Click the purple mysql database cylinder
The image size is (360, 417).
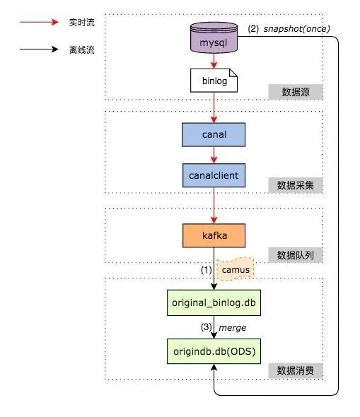click(214, 37)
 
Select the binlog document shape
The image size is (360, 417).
click(214, 81)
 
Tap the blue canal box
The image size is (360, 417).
click(214, 134)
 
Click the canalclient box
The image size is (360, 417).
click(214, 175)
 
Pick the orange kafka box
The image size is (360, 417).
click(214, 235)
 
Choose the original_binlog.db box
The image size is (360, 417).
click(214, 303)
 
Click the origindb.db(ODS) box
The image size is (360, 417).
click(214, 351)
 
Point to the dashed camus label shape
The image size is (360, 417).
click(236, 269)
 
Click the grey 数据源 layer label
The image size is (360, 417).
click(296, 92)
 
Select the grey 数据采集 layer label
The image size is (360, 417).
click(296, 185)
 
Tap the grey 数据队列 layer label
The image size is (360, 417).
click(296, 255)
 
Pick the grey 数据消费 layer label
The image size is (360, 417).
click(296, 370)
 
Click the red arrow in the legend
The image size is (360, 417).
click(39, 22)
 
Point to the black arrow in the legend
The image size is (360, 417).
click(39, 49)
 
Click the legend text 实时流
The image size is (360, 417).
click(82, 23)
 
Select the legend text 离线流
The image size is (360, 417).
click(82, 49)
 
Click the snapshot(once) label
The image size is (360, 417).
click(296, 28)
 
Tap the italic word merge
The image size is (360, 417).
click(232, 328)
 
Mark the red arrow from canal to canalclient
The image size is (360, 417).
click(214, 155)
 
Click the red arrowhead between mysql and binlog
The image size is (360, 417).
click(214, 65)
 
